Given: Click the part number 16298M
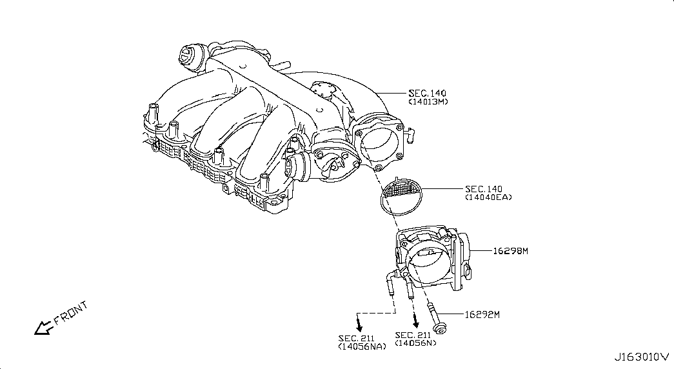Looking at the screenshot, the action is tap(510, 251).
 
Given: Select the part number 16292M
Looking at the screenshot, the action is tap(482, 315).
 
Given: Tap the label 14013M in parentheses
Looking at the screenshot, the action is tap(428, 102).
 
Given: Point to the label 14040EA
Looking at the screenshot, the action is tap(488, 197).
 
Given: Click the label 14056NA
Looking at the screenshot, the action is tap(362, 346).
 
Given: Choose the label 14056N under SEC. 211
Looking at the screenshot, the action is tap(415, 343).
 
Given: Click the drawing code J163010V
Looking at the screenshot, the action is tap(641, 357).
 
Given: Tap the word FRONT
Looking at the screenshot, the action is tap(71, 313).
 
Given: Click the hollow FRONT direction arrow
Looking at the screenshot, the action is tap(43, 328).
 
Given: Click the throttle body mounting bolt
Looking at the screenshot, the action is tap(435, 319).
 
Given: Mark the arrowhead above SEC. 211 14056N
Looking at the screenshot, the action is tap(415, 321).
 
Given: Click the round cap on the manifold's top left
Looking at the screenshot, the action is tap(188, 56).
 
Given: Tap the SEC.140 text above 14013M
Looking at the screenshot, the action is tap(427, 93).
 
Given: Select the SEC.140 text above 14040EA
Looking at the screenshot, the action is tap(484, 189).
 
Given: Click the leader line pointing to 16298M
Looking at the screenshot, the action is tap(481, 250).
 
